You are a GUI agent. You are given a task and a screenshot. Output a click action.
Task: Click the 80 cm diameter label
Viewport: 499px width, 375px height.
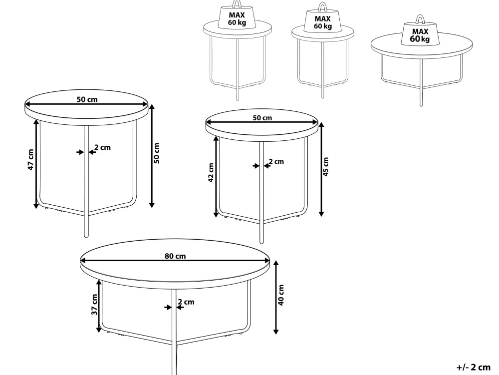[175, 256]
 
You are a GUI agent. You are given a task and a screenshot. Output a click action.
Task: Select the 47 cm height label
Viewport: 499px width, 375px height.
[30, 159]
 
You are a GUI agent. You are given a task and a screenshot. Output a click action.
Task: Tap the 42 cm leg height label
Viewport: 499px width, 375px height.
[211, 173]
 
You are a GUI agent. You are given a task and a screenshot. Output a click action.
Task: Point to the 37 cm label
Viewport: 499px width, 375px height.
[94, 305]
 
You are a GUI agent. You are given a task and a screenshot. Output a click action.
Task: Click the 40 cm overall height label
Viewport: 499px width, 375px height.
[281, 295]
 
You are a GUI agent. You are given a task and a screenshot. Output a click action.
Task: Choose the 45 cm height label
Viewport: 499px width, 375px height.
[325, 166]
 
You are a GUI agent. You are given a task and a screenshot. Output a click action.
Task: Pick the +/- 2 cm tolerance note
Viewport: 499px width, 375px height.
[474, 367]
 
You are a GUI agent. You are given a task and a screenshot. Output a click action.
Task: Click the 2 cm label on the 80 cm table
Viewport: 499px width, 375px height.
[186, 302]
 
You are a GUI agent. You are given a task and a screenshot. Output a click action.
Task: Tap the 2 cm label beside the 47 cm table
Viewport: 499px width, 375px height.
[102, 147]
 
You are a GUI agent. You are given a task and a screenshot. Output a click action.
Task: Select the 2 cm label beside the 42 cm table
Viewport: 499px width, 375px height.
[276, 161]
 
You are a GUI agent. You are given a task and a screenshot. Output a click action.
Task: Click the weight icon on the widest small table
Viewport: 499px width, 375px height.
[420, 31]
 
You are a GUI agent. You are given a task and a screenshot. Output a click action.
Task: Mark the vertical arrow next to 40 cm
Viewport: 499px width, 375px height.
[276, 297]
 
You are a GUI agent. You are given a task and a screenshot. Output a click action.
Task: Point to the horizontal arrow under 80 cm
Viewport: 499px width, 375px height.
[175, 260]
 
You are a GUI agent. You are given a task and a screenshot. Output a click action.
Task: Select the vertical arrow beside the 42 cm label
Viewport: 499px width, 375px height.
[216, 177]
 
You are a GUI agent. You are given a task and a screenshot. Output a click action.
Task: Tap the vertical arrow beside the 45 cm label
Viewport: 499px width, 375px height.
[321, 169]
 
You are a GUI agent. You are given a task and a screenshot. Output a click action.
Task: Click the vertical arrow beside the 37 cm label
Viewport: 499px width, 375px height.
[99, 306]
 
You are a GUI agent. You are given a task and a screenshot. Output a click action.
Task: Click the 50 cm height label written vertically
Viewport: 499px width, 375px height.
[157, 153]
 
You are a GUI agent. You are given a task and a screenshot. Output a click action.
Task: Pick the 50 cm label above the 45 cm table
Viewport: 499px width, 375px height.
[262, 118]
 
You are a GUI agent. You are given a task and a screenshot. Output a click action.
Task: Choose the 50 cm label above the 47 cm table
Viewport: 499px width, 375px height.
[87, 99]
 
